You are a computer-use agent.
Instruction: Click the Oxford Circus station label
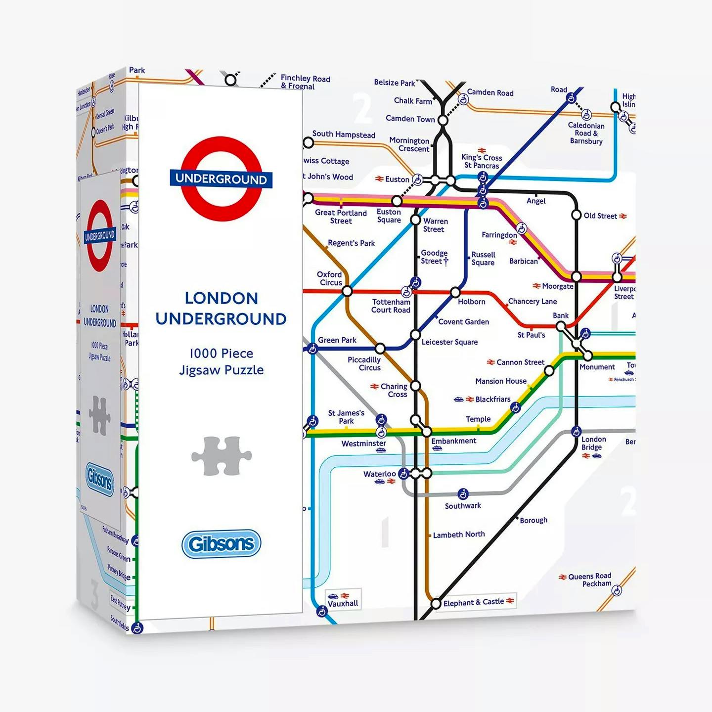330,278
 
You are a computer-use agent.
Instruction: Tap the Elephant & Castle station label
473,602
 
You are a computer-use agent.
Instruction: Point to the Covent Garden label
463,322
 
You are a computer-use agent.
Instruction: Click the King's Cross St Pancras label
482,161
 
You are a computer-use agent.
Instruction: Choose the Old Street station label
600,216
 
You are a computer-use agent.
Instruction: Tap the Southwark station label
462,506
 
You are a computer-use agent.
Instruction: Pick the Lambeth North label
458,534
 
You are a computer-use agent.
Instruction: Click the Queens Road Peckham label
590,580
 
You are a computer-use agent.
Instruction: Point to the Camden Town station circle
443,120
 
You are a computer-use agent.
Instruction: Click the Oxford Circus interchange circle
347,291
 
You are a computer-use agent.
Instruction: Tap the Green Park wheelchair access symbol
312,349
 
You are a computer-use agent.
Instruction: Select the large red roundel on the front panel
221,179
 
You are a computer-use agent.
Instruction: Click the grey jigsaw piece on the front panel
222,455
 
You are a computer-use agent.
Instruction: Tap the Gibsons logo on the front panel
221,544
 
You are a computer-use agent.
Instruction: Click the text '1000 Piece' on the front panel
221,354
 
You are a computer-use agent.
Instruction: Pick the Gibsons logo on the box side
99,479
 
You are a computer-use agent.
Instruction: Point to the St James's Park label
346,417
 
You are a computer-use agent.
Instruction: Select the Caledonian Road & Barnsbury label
586,133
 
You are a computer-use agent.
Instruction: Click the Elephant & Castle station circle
436,604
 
